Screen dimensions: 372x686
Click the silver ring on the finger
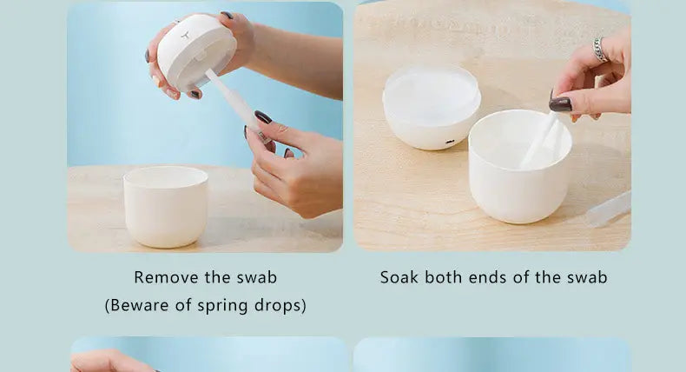point(600,49)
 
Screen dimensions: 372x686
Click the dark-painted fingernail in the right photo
point(560,103)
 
